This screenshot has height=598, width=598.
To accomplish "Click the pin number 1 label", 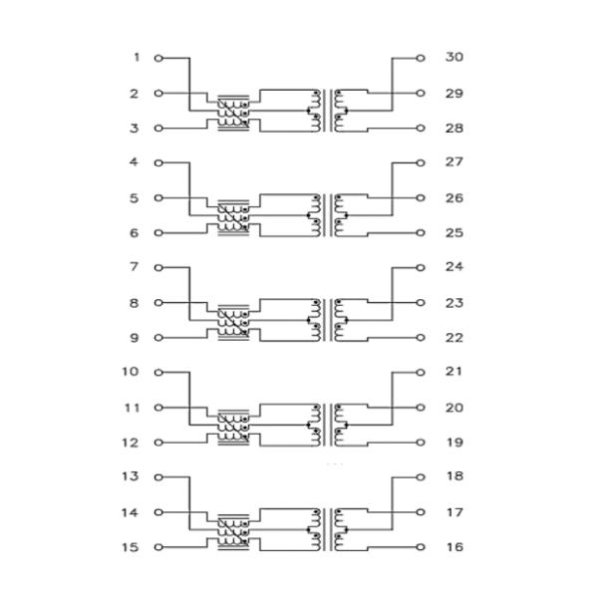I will (x=136, y=58).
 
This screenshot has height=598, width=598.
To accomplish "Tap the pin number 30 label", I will (x=453, y=58).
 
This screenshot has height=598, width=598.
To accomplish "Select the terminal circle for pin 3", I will (x=158, y=129).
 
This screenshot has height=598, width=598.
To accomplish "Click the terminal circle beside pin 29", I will (x=421, y=94).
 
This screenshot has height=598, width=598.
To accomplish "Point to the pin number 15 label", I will (x=131, y=547).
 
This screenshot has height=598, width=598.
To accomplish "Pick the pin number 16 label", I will (x=453, y=547).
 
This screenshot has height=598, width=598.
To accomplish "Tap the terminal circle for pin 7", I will (x=158, y=268).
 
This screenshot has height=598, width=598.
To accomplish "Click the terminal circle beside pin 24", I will (x=421, y=268).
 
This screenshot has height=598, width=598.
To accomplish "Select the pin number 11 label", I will (x=131, y=408).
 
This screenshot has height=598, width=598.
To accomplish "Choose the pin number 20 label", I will (x=453, y=408).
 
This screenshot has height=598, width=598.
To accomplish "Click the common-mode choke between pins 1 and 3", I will (x=232, y=114).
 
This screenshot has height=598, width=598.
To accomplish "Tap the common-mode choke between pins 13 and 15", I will (x=232, y=532).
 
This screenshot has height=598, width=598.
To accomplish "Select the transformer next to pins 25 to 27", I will (x=328, y=215).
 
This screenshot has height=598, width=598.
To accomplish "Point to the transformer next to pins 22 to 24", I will (x=328, y=320).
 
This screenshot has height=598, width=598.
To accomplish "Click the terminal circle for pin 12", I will (x=158, y=443).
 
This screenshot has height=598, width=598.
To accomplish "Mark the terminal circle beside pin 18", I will (x=421, y=477).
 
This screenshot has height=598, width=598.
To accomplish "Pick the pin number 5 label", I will (x=135, y=198).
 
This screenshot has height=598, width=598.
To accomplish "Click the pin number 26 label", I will (x=453, y=198).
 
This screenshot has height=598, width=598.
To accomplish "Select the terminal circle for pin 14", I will (x=158, y=512).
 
